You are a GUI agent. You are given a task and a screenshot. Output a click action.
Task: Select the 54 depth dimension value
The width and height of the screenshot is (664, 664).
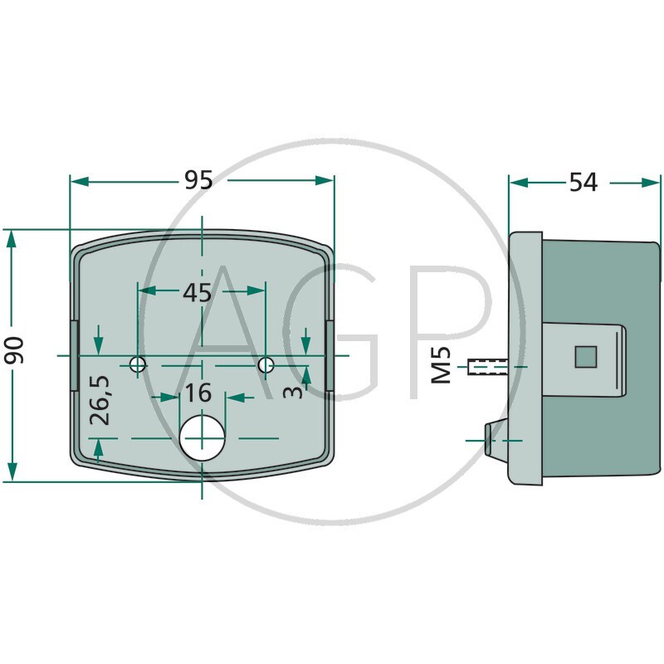[x=583, y=182]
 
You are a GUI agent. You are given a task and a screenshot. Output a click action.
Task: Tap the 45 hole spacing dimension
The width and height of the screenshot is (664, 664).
[x=197, y=292]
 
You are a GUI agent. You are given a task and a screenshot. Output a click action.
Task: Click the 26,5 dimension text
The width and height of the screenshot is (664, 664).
[x=100, y=400]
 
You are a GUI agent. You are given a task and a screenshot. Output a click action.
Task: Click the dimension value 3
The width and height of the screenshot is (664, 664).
[x=292, y=391]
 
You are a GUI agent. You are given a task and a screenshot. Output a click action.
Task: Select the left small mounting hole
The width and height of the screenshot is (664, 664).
[x=137, y=364]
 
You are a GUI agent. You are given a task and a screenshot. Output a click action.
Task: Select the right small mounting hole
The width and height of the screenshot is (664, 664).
[x=266, y=364]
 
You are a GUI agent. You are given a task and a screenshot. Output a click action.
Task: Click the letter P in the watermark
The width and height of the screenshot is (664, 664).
[x=456, y=332]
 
